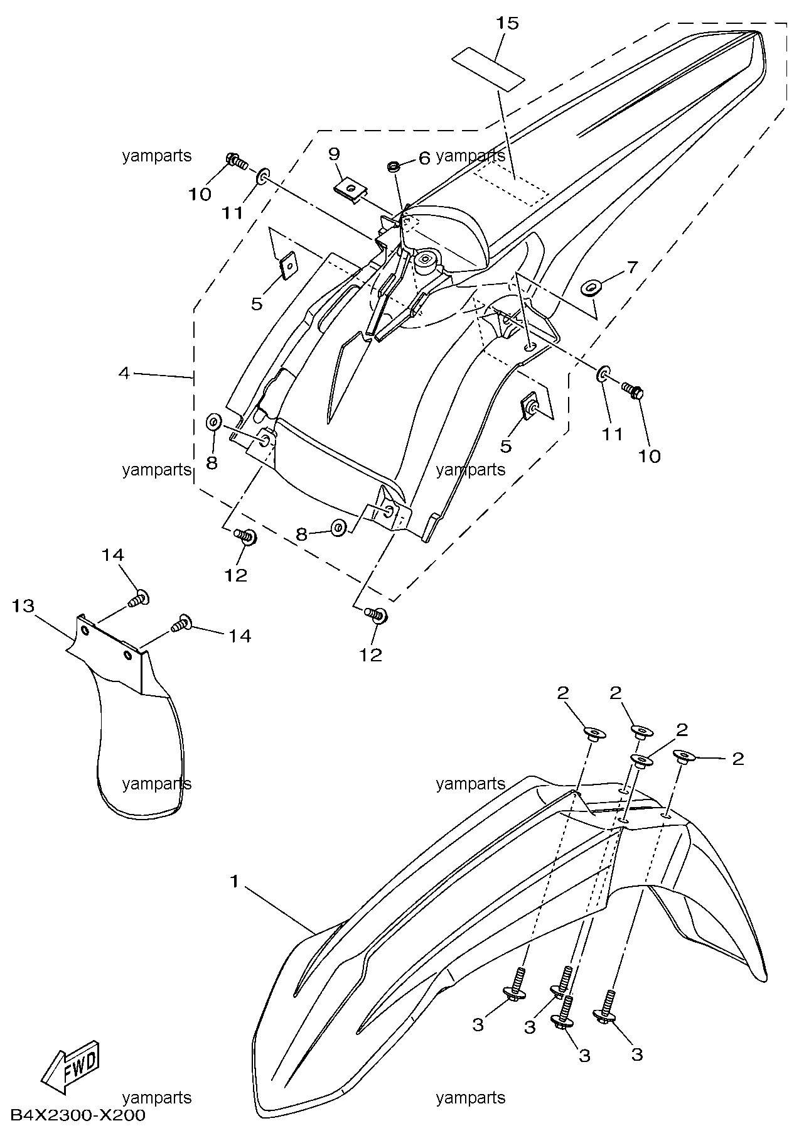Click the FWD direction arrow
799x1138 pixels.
pyautogui.click(x=71, y=1063)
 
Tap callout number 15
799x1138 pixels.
pyautogui.click(x=507, y=23)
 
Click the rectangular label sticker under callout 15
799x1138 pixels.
pyautogui.click(x=488, y=69)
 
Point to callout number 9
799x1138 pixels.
pyautogui.click(x=334, y=153)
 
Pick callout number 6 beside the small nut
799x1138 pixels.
pyautogui.click(x=424, y=158)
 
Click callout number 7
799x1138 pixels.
pyautogui.click(x=631, y=267)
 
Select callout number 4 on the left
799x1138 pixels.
pyautogui.click(x=124, y=373)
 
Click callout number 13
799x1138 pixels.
pyautogui.click(x=23, y=606)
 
